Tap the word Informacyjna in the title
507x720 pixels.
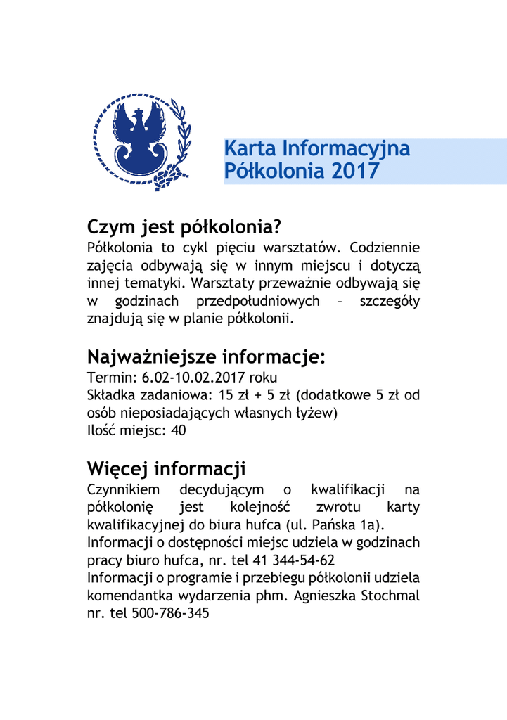345,148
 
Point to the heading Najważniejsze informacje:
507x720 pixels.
206,356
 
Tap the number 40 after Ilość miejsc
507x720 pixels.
178,431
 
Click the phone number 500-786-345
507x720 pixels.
171,613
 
